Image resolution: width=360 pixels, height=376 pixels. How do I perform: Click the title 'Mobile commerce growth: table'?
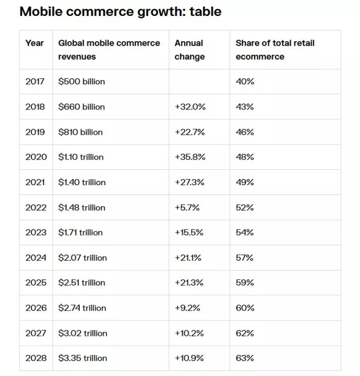[x=120, y=11]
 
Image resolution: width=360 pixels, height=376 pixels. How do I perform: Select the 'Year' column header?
[x=34, y=43]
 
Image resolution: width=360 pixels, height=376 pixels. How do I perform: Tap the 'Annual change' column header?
[x=189, y=50]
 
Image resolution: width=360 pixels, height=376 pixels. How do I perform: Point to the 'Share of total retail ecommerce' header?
[x=275, y=50]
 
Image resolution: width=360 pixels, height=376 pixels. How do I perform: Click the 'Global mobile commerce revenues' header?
[x=109, y=50]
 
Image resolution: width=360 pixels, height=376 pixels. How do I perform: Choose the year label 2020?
[x=35, y=157]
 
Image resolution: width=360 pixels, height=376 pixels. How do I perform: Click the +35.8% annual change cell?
[x=190, y=157]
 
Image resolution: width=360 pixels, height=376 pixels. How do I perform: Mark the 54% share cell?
[x=245, y=232]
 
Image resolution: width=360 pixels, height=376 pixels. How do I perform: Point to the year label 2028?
[x=35, y=358]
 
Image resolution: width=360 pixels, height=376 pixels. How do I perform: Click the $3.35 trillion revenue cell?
[x=82, y=358]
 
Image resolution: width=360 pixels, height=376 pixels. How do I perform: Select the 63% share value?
[x=245, y=358]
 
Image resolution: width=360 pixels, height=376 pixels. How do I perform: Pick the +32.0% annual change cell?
[x=190, y=107]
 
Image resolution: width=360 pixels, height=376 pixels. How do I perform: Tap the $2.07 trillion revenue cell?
[x=82, y=258]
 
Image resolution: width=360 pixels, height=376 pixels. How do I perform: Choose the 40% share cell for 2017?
[x=245, y=81]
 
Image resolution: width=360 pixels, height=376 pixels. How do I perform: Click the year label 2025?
[x=35, y=282]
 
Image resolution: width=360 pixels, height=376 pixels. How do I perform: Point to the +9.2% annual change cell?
[x=188, y=308]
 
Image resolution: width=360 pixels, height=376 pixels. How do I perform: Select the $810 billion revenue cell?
[x=80, y=132]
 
